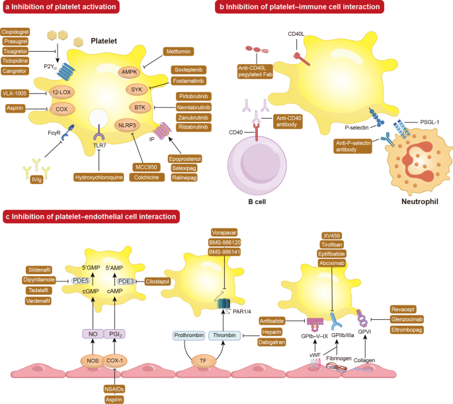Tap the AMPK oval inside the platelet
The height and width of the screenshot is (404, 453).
(130, 71)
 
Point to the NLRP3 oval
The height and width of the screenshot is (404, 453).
(126, 125)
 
